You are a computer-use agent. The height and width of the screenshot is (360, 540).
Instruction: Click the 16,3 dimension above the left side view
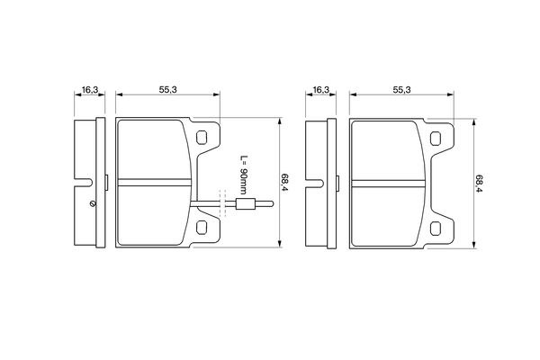point(90,90)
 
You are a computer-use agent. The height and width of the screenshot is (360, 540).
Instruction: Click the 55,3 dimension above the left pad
point(167,90)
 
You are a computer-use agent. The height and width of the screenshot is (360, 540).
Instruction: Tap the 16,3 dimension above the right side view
point(321,90)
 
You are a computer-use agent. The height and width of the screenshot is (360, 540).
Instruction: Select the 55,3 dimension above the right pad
point(401,90)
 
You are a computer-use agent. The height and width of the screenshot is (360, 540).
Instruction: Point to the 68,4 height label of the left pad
point(284,183)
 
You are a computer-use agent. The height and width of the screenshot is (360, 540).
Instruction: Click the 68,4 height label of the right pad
point(479,184)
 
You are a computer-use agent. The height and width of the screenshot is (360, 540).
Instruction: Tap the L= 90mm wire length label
point(244,175)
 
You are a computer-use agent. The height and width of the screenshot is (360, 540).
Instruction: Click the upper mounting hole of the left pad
point(202,138)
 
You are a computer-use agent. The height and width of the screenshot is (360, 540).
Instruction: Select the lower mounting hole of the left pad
point(202,228)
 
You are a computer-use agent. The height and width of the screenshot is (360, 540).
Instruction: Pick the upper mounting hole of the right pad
point(436,138)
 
